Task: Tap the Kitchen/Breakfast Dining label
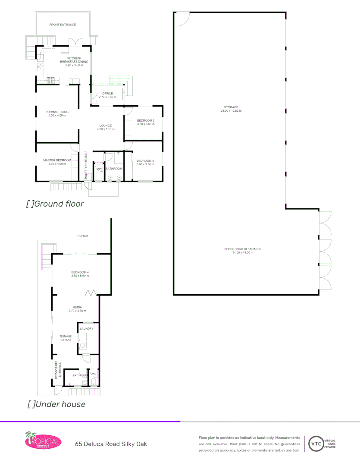point(74,60)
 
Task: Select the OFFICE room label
point(107,94)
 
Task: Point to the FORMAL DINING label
point(57,112)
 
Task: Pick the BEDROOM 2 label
point(146,120)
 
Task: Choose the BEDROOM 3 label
point(145,161)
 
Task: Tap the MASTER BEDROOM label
point(57,161)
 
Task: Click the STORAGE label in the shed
point(231,107)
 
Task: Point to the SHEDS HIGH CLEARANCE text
point(243,249)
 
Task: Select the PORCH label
point(82,236)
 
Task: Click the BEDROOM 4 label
point(80,272)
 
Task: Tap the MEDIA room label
point(78,308)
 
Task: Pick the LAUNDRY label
point(87,329)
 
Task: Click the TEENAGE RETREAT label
point(66,338)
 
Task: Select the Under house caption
point(56,404)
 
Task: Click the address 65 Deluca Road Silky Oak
point(111,444)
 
